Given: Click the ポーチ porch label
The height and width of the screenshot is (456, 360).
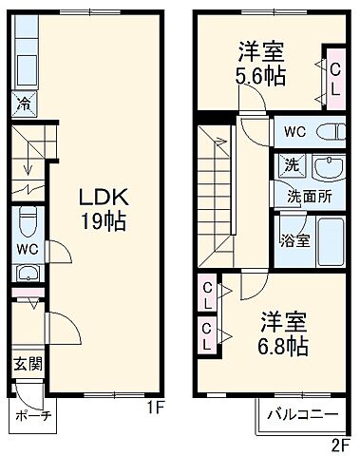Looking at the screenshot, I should (32, 415).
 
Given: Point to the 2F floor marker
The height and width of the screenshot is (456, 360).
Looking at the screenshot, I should (340, 444).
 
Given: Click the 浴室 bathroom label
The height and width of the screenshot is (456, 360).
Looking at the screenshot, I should (293, 239).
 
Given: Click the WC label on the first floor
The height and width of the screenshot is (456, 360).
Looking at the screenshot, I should (25, 252).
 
